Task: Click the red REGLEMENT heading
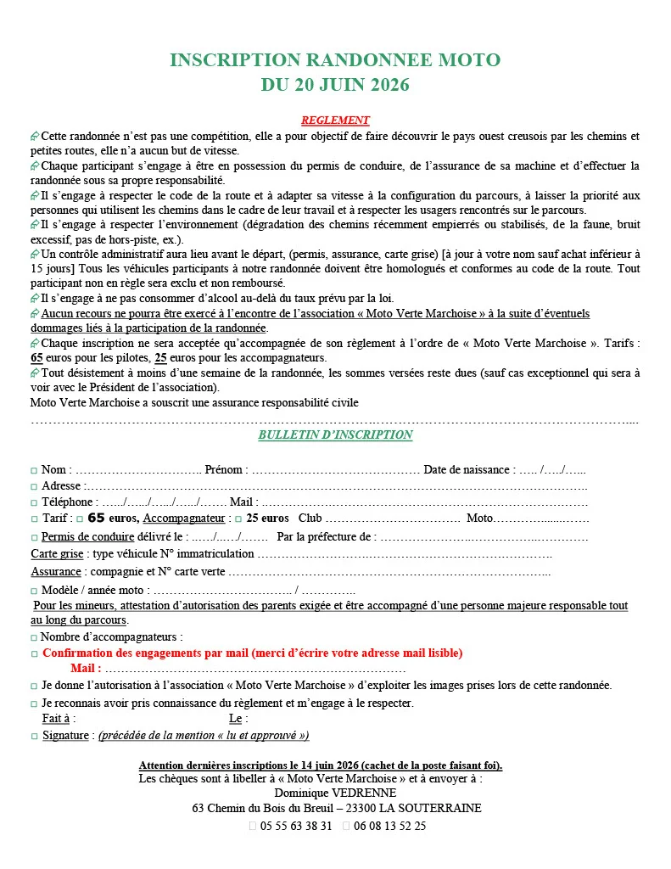tap(335, 121)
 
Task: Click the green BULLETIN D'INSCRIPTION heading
tap(335, 435)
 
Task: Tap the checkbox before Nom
tap(34, 471)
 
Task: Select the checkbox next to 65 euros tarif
tap(79, 519)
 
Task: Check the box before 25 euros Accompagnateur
tap(238, 519)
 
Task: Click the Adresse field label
tap(62, 486)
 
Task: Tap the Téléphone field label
tap(69, 502)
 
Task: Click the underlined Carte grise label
tap(56, 554)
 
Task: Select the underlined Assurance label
tap(56, 572)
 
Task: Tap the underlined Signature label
tap(66, 736)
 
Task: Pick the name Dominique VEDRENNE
tap(336, 793)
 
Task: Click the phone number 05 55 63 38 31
tap(295, 826)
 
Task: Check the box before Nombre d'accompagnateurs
tap(34, 637)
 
